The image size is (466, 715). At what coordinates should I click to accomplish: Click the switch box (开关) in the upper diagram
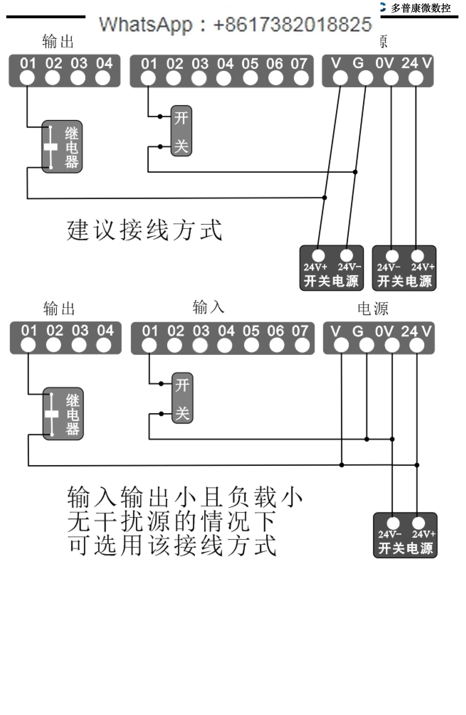[181, 131]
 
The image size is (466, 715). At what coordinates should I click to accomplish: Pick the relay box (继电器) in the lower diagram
[63, 414]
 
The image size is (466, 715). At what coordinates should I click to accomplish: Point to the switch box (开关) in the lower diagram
[182, 398]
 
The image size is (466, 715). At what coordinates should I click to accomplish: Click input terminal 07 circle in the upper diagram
[301, 78]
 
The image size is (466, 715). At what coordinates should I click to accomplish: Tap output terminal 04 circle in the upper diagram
[103, 78]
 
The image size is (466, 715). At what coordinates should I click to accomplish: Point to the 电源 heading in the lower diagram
[373, 309]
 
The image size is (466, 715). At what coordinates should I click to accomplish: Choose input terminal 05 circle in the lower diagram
[251, 345]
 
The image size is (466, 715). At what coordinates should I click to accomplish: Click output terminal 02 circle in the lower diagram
[54, 345]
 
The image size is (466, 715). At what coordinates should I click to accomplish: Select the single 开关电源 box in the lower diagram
[405, 535]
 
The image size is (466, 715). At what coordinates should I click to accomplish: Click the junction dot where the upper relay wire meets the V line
[324, 197]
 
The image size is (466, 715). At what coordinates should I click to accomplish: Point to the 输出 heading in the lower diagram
[59, 309]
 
